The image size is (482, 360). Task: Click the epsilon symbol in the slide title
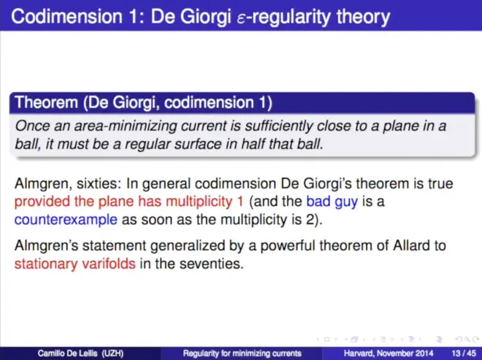coord(242,18)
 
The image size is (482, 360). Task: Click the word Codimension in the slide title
coord(66,16)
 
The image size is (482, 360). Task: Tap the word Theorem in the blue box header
coord(47,102)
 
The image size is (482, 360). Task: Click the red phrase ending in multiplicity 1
coord(129,202)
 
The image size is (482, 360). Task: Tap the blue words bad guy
coord(332,202)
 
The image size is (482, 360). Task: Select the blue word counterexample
coord(66,220)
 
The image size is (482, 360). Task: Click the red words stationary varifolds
coord(75,264)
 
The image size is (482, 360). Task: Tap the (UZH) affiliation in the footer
coord(112,353)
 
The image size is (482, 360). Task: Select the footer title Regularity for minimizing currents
coord(242,353)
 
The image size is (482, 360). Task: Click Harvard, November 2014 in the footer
coord(389,353)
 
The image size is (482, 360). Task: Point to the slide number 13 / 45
coord(464,353)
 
